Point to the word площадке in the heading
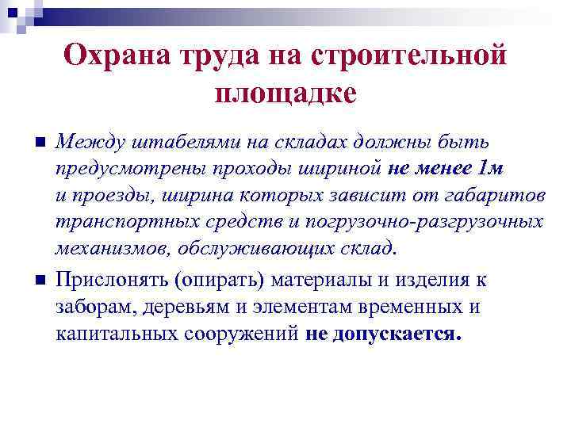tap(285, 92)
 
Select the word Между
tap(85, 143)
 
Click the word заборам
tap(92, 307)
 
